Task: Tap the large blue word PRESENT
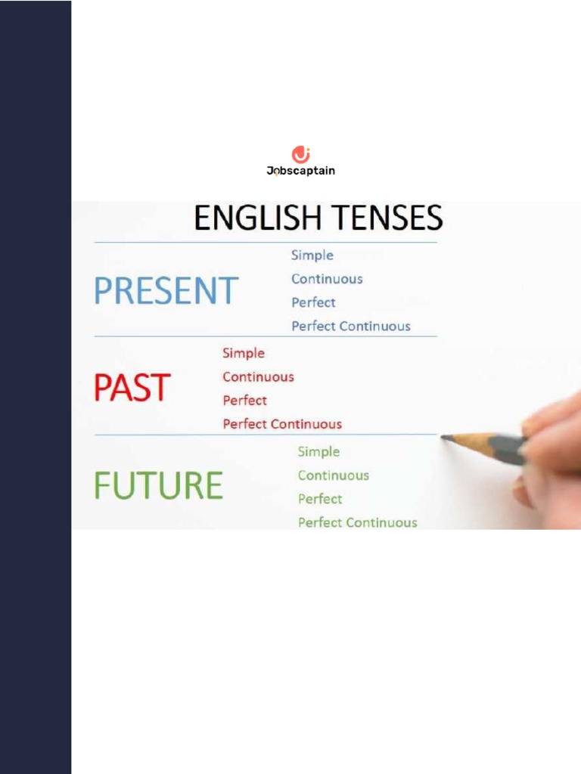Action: [166, 291]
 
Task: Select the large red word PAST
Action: [132, 388]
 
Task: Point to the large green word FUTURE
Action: [158, 485]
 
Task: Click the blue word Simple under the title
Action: [312, 255]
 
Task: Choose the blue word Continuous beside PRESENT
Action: [327, 279]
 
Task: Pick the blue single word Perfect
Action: [313, 302]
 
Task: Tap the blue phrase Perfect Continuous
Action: [351, 326]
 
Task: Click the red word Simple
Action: [244, 353]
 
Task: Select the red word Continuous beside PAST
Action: [258, 376]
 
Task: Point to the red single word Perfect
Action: [244, 400]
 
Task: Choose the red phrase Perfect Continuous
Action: [282, 424]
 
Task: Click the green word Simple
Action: [318, 451]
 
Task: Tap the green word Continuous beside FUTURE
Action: [333, 475]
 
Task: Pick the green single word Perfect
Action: [319, 499]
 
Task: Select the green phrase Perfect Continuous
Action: [357, 522]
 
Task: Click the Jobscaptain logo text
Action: [300, 171]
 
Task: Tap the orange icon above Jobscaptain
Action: [301, 154]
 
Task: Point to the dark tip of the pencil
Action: [446, 437]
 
